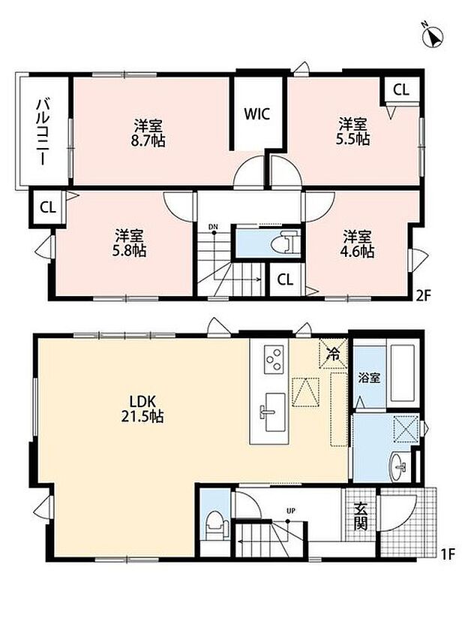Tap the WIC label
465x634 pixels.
(256, 113)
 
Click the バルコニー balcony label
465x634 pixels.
(43, 132)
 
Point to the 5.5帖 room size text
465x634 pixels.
(352, 139)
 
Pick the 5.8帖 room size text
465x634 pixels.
(129, 251)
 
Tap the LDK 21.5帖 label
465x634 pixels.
(142, 409)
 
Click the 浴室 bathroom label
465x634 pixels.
(369, 379)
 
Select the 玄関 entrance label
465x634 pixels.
(361, 516)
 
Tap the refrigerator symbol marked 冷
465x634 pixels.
(333, 354)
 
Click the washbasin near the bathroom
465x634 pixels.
(400, 467)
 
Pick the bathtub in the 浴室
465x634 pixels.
(403, 373)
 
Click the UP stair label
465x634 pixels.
(291, 511)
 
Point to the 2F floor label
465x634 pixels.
(423, 295)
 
